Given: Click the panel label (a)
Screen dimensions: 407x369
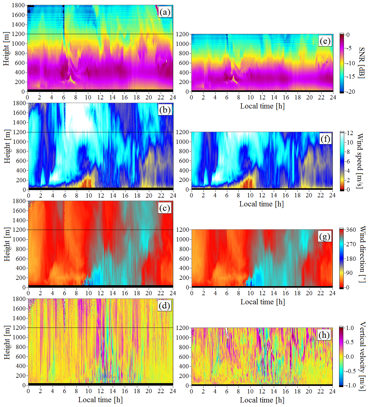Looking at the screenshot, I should click(165, 12).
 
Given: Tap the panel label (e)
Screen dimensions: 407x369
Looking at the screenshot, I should click(325, 41).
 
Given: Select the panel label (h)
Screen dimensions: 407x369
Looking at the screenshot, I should click(324, 335).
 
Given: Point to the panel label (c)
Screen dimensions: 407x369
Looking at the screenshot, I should click(165, 208).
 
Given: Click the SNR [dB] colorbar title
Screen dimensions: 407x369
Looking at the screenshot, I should click(361, 63).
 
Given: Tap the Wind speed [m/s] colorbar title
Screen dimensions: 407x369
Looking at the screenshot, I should click(360, 161).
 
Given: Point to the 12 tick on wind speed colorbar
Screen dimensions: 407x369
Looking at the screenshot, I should click(350, 133).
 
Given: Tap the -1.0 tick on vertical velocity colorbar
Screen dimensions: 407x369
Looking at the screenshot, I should click(350, 385).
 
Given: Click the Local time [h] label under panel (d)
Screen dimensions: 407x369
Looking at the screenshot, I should click(100, 400).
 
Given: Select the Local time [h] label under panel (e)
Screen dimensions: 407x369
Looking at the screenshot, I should click(262, 106).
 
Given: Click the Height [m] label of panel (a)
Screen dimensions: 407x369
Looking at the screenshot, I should click(6, 49).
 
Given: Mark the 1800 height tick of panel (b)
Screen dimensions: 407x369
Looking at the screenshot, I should click(19, 103).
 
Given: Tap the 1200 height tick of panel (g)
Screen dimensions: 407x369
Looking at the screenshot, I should click(183, 230).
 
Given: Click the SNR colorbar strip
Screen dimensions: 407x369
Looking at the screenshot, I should click(342, 63).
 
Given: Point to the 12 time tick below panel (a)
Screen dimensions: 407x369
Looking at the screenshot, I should click(100, 97).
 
